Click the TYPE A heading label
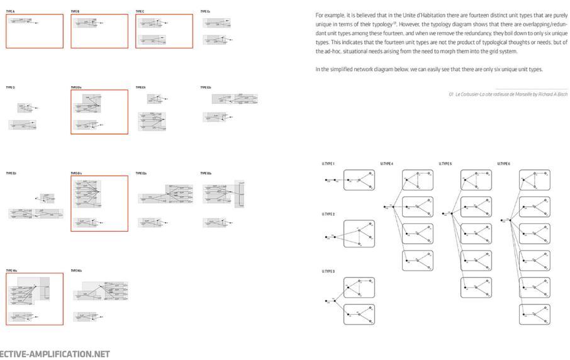coord(11,11)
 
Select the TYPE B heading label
coord(75,11)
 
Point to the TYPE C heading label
coord(140,11)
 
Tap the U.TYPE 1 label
coord(328,164)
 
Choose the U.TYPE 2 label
coord(328,214)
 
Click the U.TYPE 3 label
coord(328,271)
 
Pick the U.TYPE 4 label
coord(386,164)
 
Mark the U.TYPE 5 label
coord(445,164)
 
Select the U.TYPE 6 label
coord(504,164)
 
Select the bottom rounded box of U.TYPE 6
coord(535,313)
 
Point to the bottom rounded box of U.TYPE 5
coord(476,287)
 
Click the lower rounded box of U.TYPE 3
coord(359,313)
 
